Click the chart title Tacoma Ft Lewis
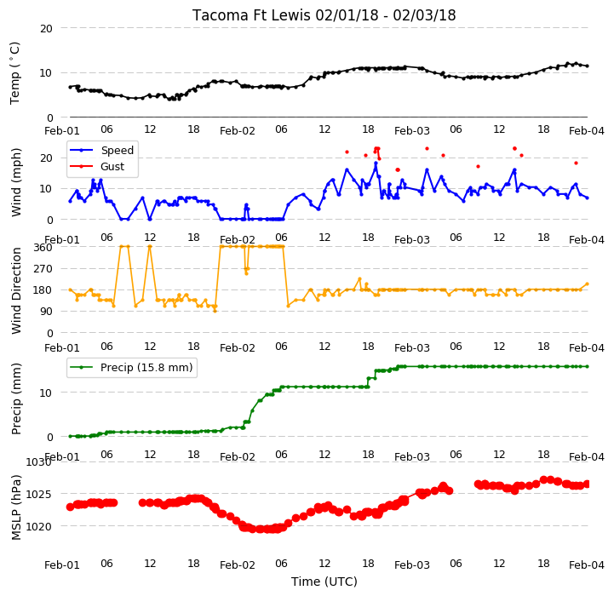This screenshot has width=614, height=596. coord(251,15)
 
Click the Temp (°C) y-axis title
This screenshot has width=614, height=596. coord(14,73)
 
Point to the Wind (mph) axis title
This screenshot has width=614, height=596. coord(16,182)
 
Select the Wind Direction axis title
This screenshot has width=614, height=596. coord(16,290)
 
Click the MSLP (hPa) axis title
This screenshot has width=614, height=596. coord(16,507)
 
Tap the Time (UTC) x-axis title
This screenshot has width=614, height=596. coord(324,582)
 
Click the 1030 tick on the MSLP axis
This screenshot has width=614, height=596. coord(39,462)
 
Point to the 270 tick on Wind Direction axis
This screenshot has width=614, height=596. coord(43,269)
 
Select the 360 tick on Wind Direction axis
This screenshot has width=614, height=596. coord(43,247)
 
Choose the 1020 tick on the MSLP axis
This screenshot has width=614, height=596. coord(39,527)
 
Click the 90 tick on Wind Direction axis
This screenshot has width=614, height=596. coord(46,312)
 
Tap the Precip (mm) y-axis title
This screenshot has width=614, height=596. coord(16,398)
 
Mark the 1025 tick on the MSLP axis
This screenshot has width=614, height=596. coord(39,494)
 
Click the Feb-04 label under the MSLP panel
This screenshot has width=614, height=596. coord(587,564)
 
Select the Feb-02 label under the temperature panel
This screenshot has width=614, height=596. coord(238,130)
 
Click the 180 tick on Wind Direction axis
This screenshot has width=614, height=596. coord(43,290)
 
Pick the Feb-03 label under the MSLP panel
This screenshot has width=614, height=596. coord(412,564)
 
